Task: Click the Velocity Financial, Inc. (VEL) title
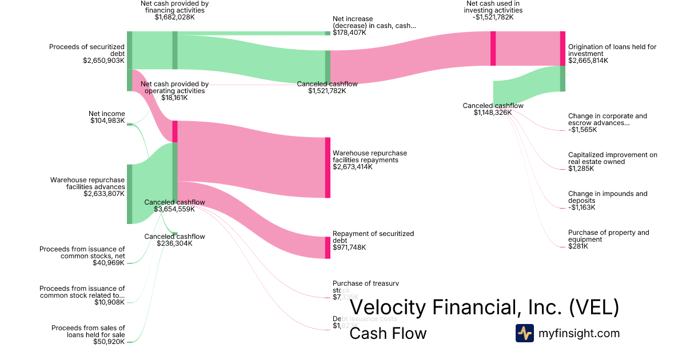484,307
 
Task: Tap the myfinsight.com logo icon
524,333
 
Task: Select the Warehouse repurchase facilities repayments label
370,157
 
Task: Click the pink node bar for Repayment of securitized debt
328,247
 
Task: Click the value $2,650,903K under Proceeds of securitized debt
103,60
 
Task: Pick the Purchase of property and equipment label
608,236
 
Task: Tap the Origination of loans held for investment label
612,50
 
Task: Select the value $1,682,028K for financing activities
174,17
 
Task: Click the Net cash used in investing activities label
494,7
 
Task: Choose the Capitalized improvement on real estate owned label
612,158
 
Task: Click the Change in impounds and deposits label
608,197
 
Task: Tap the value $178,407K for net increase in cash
349,33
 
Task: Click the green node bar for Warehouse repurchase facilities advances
129,194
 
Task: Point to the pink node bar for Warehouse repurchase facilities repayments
328,167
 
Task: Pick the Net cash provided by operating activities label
174,87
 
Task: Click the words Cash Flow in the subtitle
388,333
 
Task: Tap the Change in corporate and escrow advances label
607,119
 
